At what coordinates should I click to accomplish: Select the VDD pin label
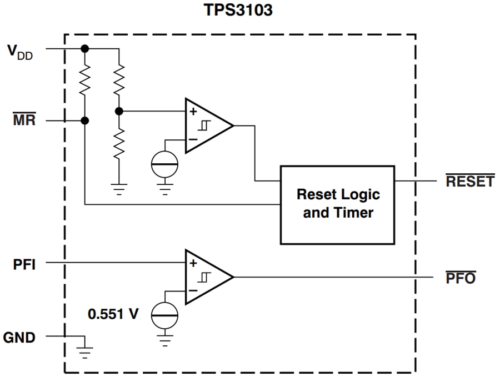[20, 52]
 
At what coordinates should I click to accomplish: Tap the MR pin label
[23, 119]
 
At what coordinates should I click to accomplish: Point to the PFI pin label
[24, 264]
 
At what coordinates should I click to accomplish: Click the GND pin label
[19, 337]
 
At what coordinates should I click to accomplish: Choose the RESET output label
[469, 182]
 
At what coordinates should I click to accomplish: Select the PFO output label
[461, 278]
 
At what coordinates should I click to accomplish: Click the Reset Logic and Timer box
[337, 204]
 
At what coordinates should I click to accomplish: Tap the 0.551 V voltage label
[113, 314]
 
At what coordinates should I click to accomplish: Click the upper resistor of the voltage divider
[119, 79]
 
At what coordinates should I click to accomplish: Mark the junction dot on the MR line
[84, 120]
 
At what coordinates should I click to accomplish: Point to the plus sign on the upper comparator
[193, 112]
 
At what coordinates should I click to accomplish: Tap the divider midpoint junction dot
[119, 111]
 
